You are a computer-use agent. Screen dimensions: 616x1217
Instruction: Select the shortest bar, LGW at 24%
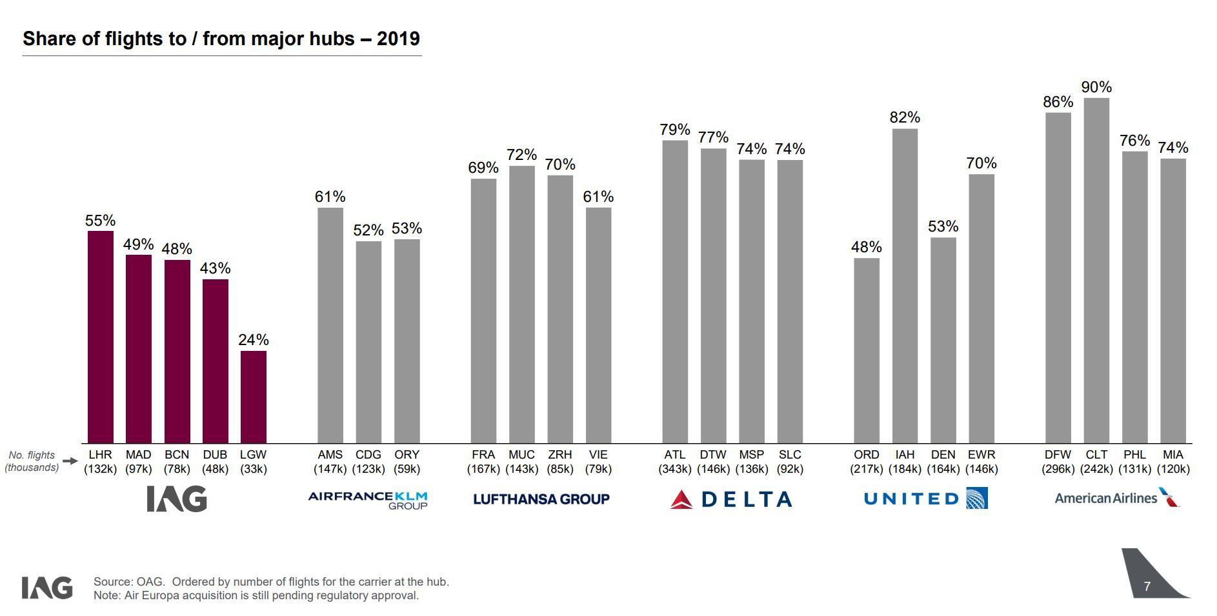pos(254,397)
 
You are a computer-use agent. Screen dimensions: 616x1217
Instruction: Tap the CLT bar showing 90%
pos(1096,270)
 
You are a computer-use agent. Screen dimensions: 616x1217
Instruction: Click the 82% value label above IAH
pos(905,117)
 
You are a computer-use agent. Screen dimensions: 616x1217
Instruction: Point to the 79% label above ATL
pos(675,130)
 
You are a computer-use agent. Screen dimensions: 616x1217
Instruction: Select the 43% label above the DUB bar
pos(215,268)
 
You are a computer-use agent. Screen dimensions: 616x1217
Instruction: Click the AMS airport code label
pos(330,455)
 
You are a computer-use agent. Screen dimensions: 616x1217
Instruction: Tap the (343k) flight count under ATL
pos(675,469)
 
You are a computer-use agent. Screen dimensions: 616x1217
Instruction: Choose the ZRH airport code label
pos(559,455)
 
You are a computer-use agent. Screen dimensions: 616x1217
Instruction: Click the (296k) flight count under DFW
pos(1058,469)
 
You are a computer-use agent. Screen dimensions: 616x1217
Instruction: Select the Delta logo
pos(731,499)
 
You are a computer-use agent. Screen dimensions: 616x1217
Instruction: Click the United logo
pos(925,499)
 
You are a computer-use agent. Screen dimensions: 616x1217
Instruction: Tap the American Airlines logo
pos(1116,498)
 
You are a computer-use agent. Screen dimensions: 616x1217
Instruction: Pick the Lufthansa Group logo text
pos(541,499)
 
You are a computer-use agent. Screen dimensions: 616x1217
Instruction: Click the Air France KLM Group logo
pos(368,499)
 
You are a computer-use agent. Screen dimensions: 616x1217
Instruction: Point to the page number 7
pos(1147,586)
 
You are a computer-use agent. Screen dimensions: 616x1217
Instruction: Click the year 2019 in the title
pos(398,39)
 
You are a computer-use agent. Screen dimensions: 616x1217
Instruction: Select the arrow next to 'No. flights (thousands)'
pos(70,461)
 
